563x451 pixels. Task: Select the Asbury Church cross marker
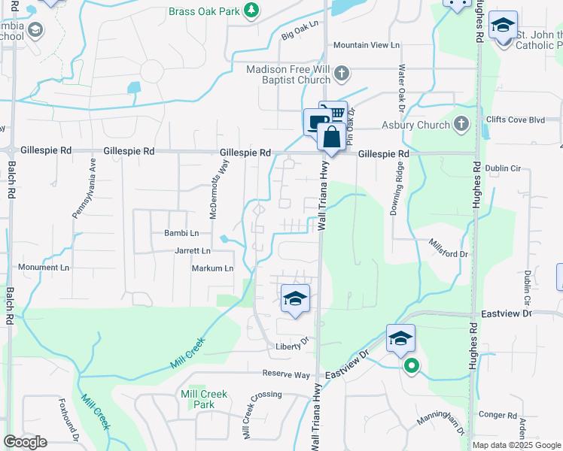(461, 124)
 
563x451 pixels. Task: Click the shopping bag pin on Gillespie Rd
(331, 138)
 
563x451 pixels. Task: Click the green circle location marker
(411, 367)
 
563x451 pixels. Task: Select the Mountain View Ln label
(366, 45)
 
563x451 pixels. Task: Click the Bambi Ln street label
(181, 234)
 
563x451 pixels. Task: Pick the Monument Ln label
(43, 268)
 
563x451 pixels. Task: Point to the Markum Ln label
(212, 268)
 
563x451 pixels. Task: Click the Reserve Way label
(286, 374)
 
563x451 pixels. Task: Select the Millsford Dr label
(448, 249)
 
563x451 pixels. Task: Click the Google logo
(25, 442)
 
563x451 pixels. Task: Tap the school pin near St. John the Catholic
(502, 26)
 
